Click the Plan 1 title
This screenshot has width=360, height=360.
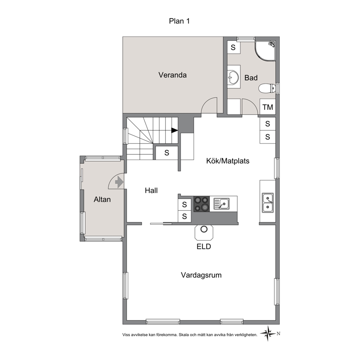pyautogui.click(x=179, y=21)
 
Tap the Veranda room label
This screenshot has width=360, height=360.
pyautogui.click(x=172, y=75)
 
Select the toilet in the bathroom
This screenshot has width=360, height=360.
pyautogui.click(x=267, y=88)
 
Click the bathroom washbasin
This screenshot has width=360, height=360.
pyautogui.click(x=233, y=77)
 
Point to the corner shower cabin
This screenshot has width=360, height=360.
pyautogui.click(x=265, y=51)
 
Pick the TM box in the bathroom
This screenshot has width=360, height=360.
pyautogui.click(x=268, y=107)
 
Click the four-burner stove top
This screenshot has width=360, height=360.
pyautogui.click(x=201, y=204)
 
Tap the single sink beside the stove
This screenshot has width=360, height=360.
pyautogui.click(x=221, y=204)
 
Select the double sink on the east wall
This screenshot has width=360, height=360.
pyautogui.click(x=268, y=203)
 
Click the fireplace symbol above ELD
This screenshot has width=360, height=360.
pyautogui.click(x=204, y=232)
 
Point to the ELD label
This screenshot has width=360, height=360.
pyautogui.click(x=204, y=246)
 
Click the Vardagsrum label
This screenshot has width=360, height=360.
pyautogui.click(x=201, y=275)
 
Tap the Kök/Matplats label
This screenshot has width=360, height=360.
pyautogui.click(x=228, y=161)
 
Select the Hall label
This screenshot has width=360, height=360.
pyautogui.click(x=151, y=190)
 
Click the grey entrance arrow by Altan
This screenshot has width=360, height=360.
pyautogui.click(x=119, y=182)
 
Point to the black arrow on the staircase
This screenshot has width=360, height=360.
pyautogui.click(x=175, y=130)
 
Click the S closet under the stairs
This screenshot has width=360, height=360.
pyautogui.click(x=167, y=153)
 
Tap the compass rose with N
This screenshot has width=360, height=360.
pyautogui.click(x=268, y=334)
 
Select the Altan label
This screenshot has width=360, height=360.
pyautogui.click(x=102, y=200)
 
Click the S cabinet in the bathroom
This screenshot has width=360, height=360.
pyautogui.click(x=233, y=47)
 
